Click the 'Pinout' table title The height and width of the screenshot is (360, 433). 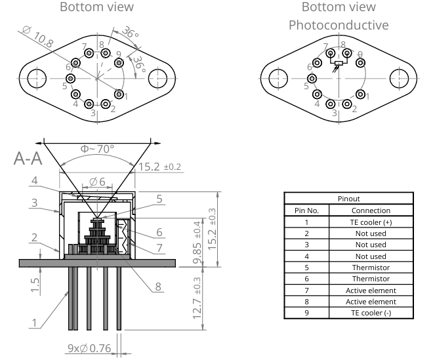[x=348, y=199]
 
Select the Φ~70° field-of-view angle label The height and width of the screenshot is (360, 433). [x=96, y=149]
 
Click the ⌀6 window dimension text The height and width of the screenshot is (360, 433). [x=97, y=181]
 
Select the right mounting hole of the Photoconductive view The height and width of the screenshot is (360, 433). [x=400, y=77]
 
